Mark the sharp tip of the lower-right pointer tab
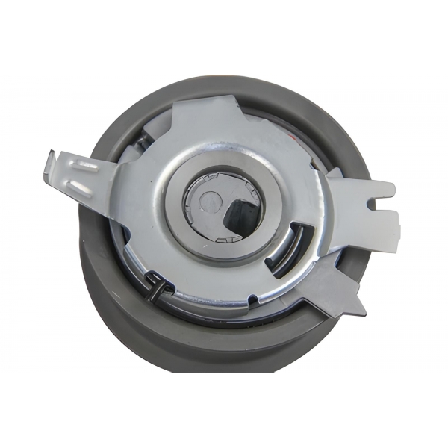(364, 310)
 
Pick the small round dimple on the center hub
(211, 200)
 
